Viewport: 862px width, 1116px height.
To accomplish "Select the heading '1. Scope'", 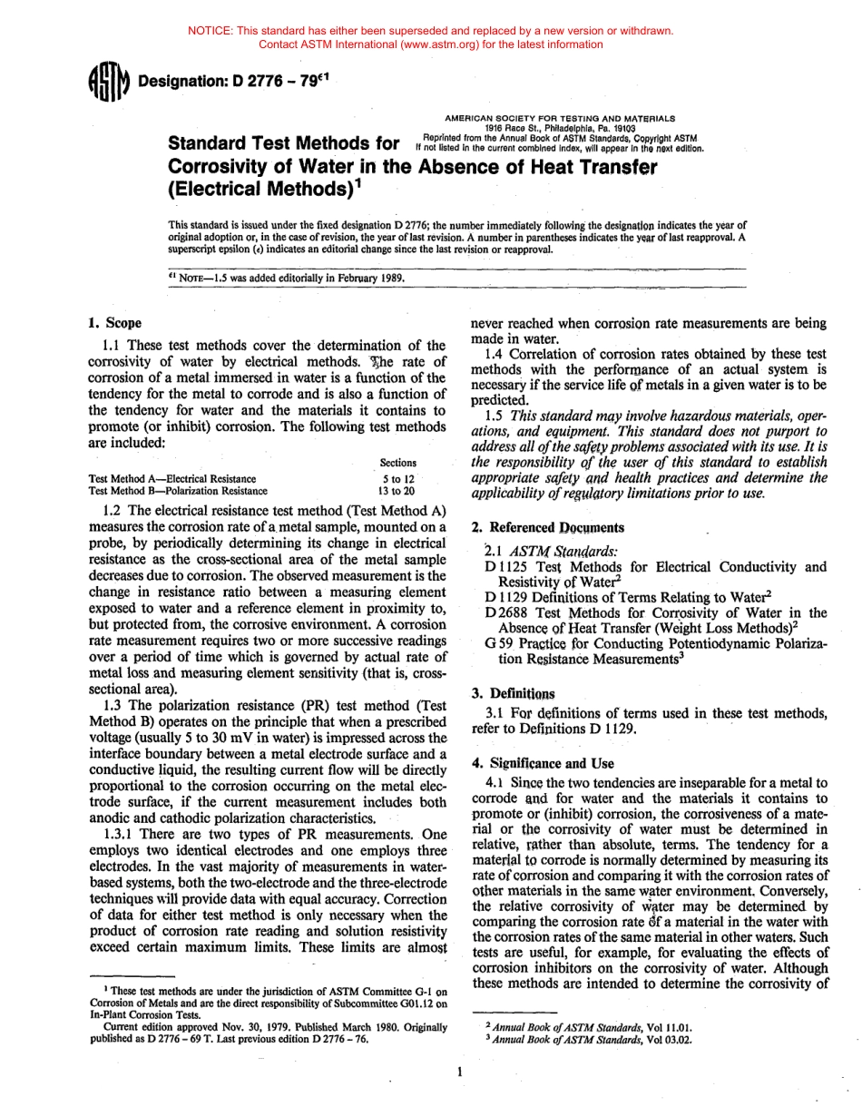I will pyautogui.click(x=114, y=323).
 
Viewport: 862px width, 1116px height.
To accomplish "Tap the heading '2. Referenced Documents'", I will pyautogui.click(x=548, y=527).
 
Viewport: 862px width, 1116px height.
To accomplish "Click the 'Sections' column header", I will pyautogui.click(x=398, y=463).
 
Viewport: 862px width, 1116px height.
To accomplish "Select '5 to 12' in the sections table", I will pyautogui.click(x=398, y=478).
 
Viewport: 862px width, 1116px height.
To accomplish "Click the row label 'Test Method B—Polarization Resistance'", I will pyautogui.click(x=178, y=491).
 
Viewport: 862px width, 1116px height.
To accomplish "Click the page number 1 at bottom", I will pyautogui.click(x=460, y=1072).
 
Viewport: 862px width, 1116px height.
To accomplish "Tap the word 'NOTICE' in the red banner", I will pyautogui.click(x=211, y=31).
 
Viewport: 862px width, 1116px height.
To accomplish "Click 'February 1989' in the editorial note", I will pyautogui.click(x=365, y=278).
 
